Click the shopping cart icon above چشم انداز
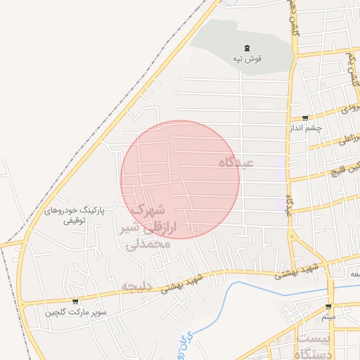[x=304, y=118]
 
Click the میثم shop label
[x=328, y=318]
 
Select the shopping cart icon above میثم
[x=328, y=307]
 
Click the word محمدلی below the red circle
[x=148, y=245]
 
